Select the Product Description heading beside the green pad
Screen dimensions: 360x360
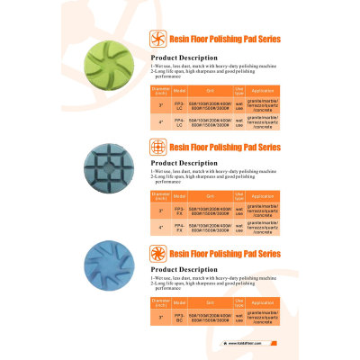176,65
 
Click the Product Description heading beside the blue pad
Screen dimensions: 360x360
176,269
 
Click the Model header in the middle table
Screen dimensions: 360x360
179,195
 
